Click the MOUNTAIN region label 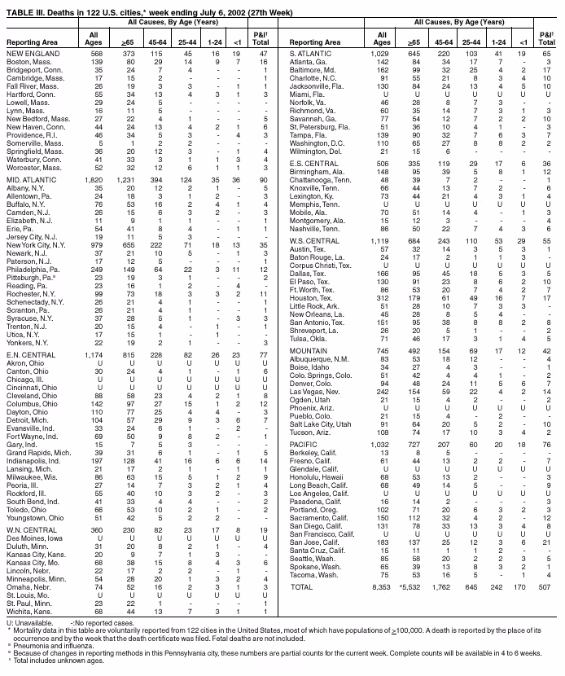point(310,373)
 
